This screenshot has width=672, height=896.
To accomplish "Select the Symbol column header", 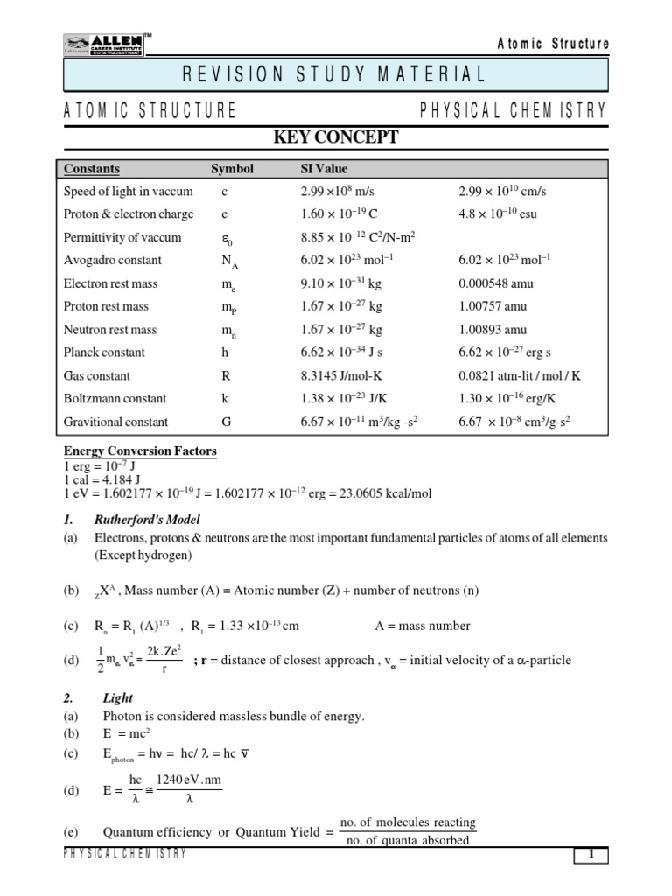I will [x=232, y=169].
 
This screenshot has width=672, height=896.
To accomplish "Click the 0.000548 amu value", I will [x=496, y=283].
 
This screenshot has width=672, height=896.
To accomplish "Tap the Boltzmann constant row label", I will [x=115, y=399].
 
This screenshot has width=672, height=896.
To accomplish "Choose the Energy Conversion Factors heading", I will [x=140, y=451].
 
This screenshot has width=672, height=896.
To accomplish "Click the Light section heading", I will [x=118, y=698].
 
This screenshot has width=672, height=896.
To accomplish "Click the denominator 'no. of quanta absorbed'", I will [x=408, y=841].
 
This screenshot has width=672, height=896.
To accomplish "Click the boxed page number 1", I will [x=591, y=856].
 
